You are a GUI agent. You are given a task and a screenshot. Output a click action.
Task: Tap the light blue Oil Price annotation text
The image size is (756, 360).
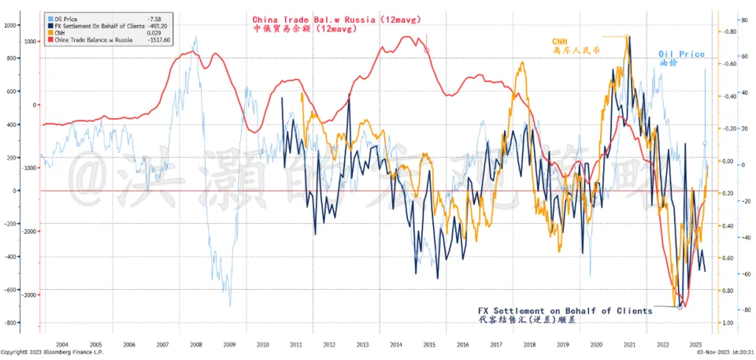(x=681, y=54)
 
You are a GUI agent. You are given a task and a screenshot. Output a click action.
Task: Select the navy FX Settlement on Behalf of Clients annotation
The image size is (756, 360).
(x=565, y=311)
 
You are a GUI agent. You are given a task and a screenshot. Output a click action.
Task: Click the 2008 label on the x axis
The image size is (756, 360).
(x=196, y=345)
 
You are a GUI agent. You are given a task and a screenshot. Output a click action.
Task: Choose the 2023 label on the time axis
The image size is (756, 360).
(x=695, y=345)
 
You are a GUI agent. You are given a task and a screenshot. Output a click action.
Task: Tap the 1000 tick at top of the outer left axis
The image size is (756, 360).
(x=10, y=25)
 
